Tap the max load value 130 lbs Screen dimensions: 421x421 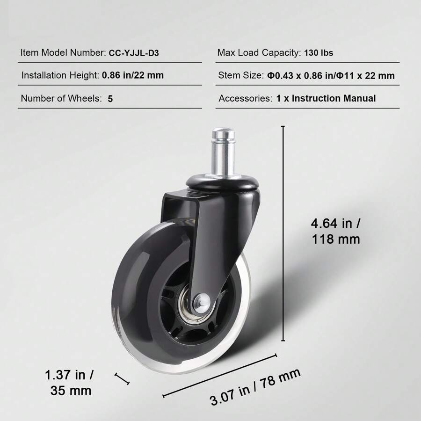point(319,53)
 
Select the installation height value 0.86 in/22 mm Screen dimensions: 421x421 point(133,75)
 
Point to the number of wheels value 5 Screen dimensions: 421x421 point(110,99)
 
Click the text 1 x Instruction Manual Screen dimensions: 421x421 point(326,99)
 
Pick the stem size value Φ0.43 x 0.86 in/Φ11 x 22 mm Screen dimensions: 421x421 point(331,76)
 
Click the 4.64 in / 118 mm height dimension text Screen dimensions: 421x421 point(336,231)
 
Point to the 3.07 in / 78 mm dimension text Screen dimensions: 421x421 point(255,386)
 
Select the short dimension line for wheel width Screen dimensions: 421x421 point(122,378)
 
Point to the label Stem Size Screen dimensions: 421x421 point(240,76)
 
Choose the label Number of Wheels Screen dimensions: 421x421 point(61,99)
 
